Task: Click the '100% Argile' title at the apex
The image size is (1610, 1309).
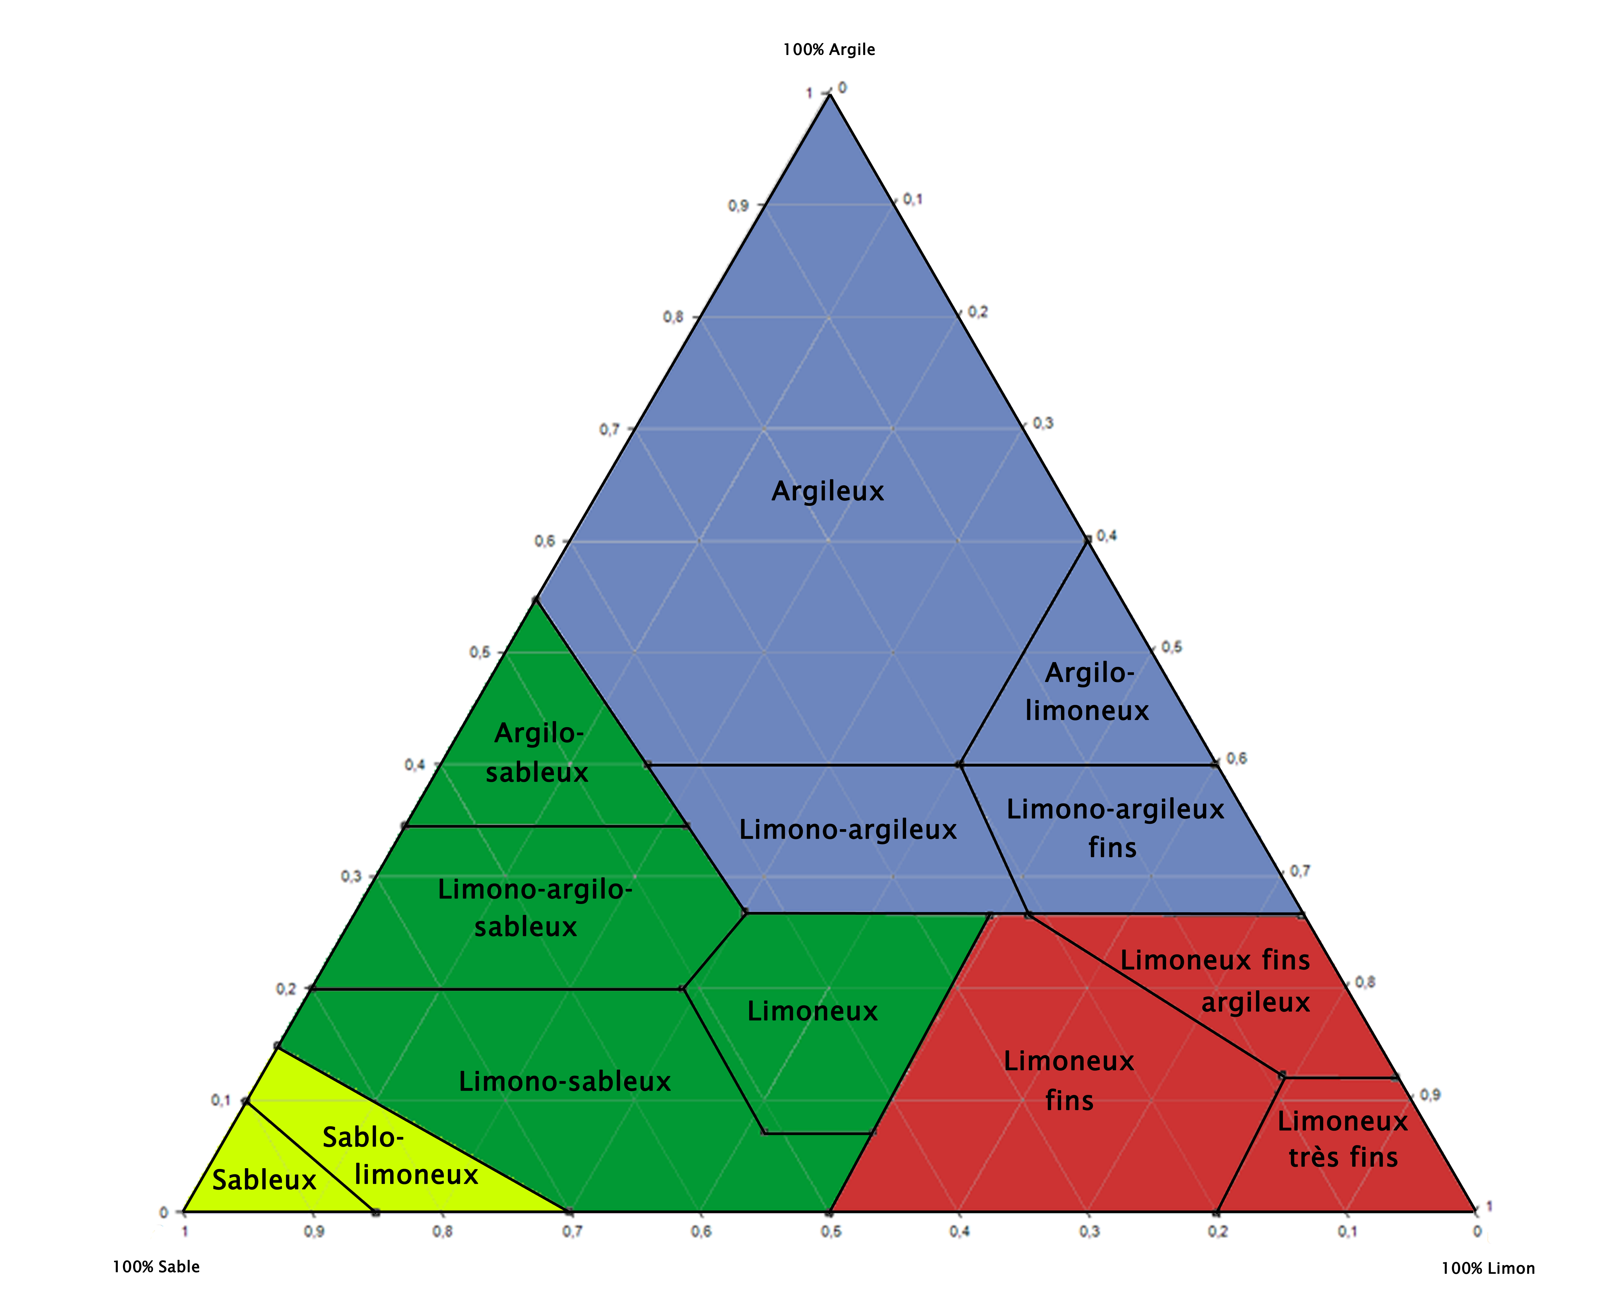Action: (829, 50)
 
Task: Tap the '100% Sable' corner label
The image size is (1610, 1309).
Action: (156, 1267)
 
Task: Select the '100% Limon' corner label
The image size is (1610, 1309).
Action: (1487, 1268)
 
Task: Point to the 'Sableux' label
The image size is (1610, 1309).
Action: (264, 1180)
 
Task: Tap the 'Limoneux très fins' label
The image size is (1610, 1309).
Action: (1342, 1139)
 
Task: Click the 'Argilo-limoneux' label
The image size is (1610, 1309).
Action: (1087, 692)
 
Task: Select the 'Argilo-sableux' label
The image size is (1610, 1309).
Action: (537, 752)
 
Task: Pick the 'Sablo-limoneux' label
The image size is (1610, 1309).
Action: (400, 1156)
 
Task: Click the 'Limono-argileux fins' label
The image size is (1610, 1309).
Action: (1115, 828)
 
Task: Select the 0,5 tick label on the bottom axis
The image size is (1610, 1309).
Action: (830, 1231)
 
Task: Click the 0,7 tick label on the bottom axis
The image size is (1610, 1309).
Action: (572, 1231)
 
